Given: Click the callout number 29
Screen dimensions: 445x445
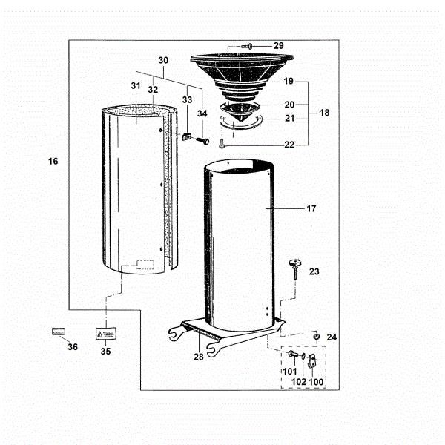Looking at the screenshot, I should pos(278,46).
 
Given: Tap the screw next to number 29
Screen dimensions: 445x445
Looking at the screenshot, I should pos(247,47).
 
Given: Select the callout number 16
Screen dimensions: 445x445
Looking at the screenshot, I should pos(53,160).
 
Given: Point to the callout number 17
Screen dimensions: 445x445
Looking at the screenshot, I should pos(311,209).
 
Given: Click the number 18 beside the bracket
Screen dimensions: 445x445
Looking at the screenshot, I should pos(325,113).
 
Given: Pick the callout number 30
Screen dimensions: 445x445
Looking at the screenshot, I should pos(163,59).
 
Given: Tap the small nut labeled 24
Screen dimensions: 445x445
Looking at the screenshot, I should pos(317,337).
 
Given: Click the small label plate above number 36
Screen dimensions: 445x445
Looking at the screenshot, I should pos(59,331).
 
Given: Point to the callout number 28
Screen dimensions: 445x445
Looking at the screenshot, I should pos(199,357).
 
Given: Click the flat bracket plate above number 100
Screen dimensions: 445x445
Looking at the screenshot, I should pos(312,362).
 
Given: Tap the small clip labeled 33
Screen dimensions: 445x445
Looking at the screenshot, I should pos(188,136).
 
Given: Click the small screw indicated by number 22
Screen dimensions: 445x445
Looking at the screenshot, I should pos(222,145).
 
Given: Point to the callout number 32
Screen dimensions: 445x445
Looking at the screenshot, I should pos(153,89).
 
